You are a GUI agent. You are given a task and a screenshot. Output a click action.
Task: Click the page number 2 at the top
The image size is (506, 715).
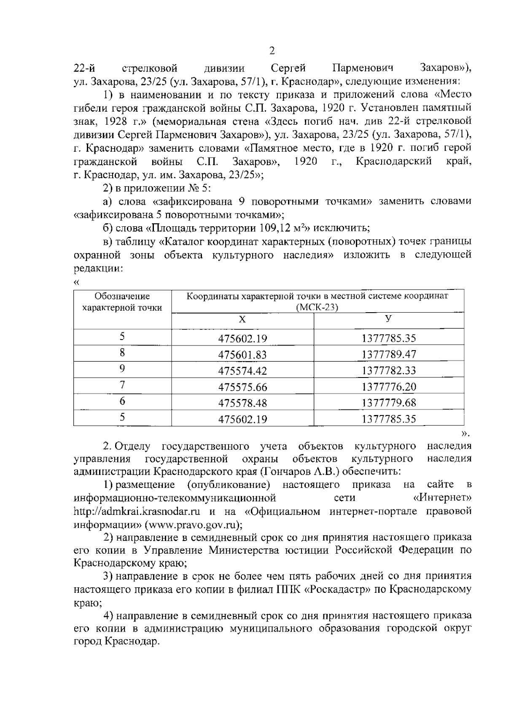[x=272, y=51]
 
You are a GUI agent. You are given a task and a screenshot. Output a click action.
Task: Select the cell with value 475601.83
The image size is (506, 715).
[x=242, y=355]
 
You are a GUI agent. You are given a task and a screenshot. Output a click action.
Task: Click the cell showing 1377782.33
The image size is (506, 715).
[x=389, y=371]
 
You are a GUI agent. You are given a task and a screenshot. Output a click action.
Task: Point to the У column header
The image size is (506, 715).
[x=389, y=319]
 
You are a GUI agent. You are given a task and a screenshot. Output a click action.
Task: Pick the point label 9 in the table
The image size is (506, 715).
[x=122, y=369]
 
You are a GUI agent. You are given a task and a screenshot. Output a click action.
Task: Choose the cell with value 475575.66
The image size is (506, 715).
[x=242, y=387]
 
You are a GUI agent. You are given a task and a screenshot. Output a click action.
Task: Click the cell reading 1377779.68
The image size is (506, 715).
[x=389, y=403]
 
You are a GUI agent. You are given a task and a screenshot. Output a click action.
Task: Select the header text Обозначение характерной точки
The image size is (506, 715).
[x=122, y=302]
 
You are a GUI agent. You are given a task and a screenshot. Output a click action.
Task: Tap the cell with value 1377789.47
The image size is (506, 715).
[x=389, y=355]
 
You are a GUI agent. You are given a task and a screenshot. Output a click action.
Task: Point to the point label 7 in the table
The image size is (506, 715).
[x=122, y=385]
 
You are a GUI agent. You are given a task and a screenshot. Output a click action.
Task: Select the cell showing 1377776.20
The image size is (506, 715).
[x=389, y=387]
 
